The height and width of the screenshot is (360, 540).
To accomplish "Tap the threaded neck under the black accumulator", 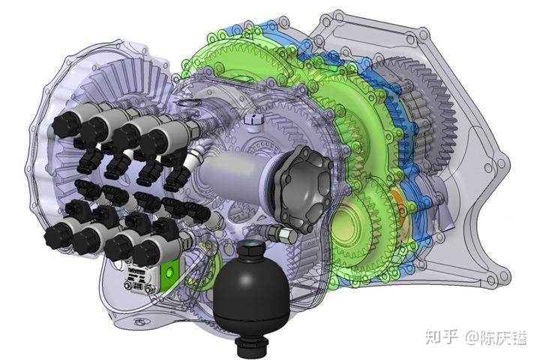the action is pos(252,346).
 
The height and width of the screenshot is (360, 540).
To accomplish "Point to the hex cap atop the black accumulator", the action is pos(251,247).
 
